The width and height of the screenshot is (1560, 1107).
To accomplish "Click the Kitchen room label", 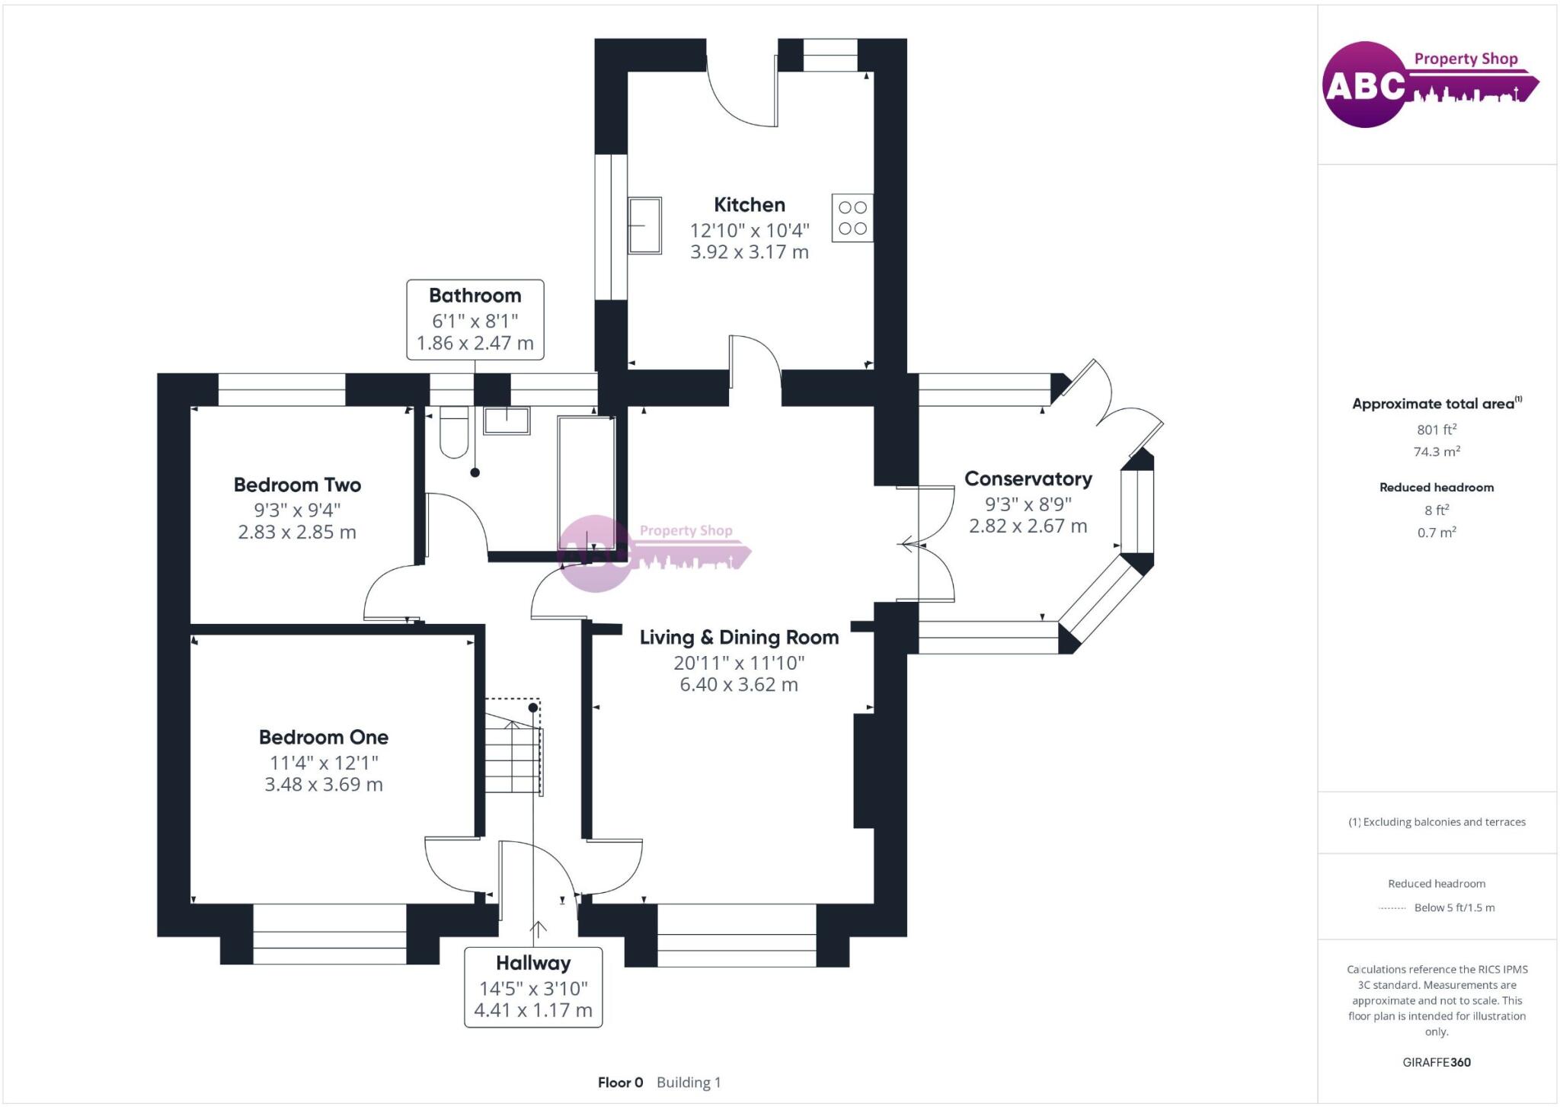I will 750,205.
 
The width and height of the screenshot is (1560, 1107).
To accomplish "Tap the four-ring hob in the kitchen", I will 852,218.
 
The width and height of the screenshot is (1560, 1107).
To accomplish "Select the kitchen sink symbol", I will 644,226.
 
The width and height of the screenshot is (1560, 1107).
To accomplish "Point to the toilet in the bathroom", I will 454,432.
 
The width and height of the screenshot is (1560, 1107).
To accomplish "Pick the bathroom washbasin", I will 507,421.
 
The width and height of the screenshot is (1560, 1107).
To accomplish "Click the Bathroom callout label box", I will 475,319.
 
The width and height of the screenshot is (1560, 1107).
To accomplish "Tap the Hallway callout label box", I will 533,987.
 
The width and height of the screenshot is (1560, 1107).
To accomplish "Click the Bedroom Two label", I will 297,485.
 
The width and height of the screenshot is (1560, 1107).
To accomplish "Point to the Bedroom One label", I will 324,737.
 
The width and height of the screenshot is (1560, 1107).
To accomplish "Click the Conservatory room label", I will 1028,479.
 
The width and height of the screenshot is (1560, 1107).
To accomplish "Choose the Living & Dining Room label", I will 739,638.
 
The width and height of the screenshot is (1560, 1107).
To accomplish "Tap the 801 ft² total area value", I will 1437,430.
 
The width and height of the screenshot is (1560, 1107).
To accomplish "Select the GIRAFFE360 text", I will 1437,1062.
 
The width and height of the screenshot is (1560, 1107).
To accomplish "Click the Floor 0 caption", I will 620,1083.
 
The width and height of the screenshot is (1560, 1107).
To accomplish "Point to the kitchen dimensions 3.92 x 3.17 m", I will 750,252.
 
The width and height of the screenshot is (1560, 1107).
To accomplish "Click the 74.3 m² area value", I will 1437,452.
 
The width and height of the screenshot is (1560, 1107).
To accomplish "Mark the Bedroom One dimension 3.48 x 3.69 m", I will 324,785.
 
